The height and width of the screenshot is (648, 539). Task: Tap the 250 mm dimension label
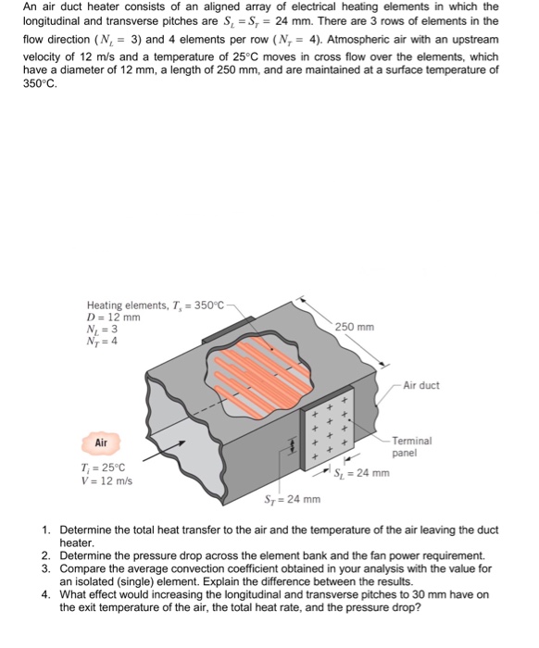pos(356,326)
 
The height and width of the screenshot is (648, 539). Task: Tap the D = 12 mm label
pos(113,317)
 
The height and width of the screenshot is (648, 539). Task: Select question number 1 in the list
pos(46,530)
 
